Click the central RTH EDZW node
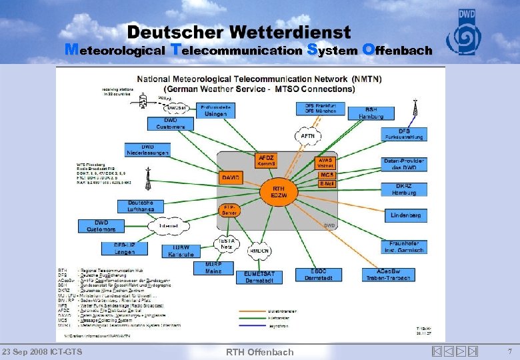(279, 193)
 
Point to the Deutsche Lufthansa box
(141, 206)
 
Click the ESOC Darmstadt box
(319, 275)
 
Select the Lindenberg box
(405, 216)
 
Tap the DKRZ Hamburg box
(405, 189)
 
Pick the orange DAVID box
(231, 177)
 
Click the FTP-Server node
(228, 209)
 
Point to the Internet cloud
(169, 227)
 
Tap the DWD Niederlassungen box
(147, 150)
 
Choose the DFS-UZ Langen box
(124, 248)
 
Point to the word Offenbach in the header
(396, 49)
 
